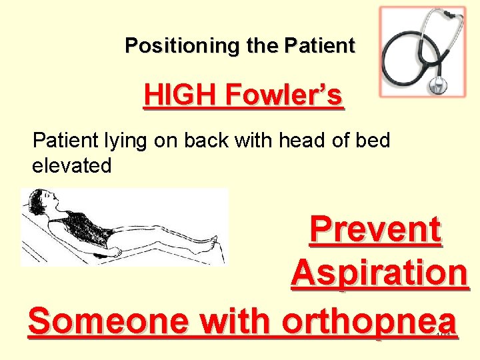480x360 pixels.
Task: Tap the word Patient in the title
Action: click(320, 46)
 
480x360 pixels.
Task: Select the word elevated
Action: click(72, 165)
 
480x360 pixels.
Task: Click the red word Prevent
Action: click(375, 230)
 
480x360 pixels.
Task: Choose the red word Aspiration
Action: click(379, 273)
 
